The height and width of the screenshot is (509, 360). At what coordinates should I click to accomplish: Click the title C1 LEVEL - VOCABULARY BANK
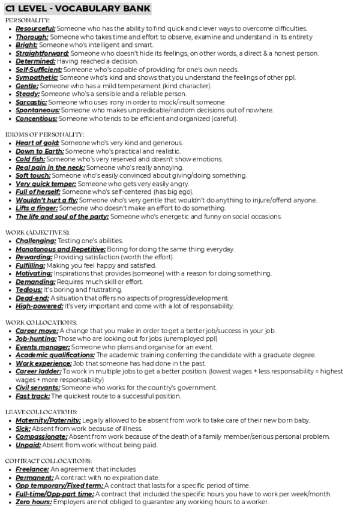coord(77,8)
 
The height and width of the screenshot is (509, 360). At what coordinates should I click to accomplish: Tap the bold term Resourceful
coord(35,28)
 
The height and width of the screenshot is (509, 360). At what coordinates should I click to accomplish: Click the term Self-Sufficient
coord(39,70)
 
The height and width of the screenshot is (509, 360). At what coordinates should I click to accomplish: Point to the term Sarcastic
coord(31,102)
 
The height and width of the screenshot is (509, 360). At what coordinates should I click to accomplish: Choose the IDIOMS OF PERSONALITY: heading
coord(44,134)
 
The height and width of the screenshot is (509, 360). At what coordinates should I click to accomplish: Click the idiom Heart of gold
coord(37,143)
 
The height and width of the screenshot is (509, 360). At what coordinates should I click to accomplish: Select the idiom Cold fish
coord(30,159)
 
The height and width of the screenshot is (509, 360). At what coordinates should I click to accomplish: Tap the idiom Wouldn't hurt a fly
coord(46,200)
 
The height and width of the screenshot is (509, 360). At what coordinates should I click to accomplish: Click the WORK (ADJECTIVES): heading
coord(37,232)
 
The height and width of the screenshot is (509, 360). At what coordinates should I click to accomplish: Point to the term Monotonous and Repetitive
coord(60,248)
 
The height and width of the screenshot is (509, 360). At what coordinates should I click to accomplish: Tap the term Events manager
coord(43,347)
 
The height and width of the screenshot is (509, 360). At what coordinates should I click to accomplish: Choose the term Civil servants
coord(38,388)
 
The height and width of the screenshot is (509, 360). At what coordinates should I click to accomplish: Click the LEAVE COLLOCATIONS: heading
coord(41,411)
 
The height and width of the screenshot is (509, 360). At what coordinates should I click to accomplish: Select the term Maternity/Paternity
coord(48,420)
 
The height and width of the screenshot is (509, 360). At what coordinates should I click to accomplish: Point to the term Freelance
coord(32,469)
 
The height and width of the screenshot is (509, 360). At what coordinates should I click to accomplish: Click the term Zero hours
coord(34,501)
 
